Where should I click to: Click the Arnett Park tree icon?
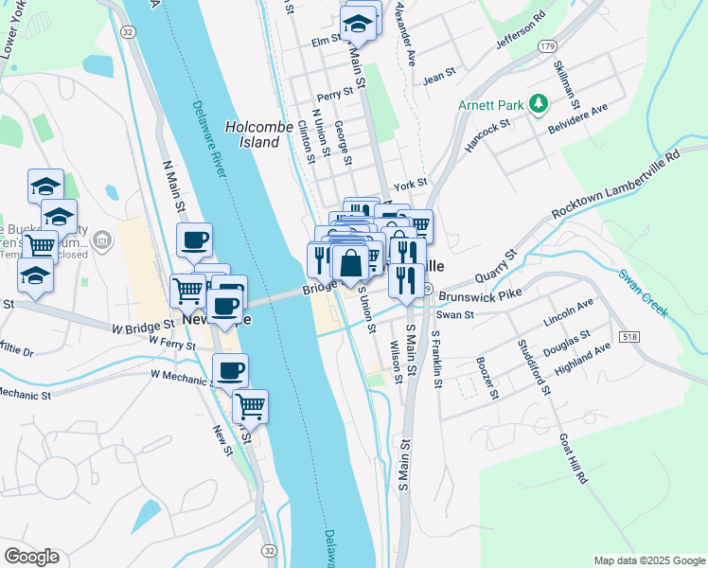point(539,103)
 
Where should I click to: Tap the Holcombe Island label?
point(254,133)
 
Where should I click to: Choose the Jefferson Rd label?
point(521,32)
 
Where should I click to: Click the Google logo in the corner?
point(31,557)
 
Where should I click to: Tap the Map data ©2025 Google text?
point(649,560)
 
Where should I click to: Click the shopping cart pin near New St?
point(250,406)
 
